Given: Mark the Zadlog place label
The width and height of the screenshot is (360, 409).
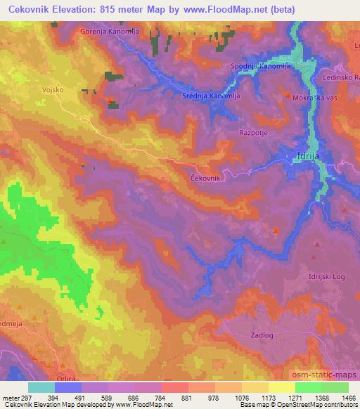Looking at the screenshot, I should click(x=261, y=336).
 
